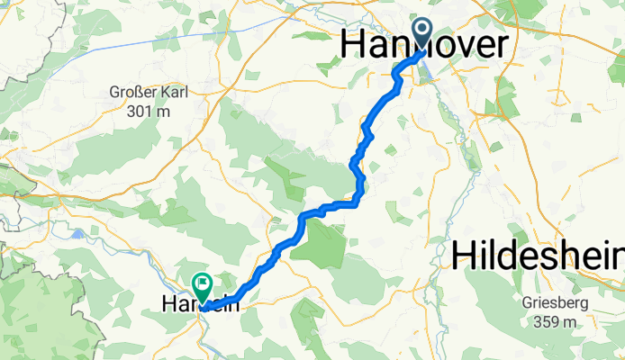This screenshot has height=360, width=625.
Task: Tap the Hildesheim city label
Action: click(x=537, y=256)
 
